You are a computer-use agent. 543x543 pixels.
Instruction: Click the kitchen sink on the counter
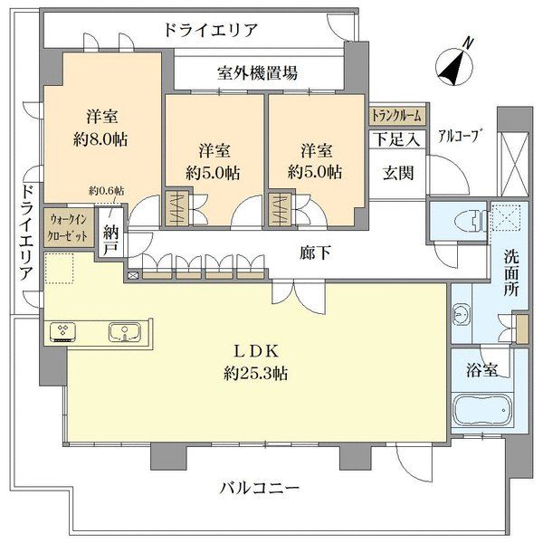point(124,333)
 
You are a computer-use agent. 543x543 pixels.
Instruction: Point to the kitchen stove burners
point(63,332)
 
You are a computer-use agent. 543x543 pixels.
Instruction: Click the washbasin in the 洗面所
point(461,314)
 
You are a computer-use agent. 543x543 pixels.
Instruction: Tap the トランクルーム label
point(397,116)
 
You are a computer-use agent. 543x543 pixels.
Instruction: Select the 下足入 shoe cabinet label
point(397,139)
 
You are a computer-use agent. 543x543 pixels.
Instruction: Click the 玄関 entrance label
point(398,173)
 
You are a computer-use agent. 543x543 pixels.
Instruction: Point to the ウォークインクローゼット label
point(68,227)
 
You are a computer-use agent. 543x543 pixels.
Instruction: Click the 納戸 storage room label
point(110,239)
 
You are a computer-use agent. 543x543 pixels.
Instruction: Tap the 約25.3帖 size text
point(255,374)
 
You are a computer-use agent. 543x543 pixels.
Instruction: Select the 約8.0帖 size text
point(100,139)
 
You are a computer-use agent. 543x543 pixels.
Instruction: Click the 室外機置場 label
point(257,73)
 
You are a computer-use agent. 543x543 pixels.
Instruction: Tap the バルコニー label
point(260,489)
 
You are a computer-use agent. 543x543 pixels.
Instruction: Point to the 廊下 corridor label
point(315,252)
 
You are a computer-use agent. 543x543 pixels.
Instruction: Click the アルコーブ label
point(461,136)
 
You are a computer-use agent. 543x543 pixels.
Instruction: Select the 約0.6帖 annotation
point(106,190)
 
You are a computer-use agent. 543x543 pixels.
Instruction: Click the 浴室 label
point(481,371)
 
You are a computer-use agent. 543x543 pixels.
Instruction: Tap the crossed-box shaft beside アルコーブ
point(513,165)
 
